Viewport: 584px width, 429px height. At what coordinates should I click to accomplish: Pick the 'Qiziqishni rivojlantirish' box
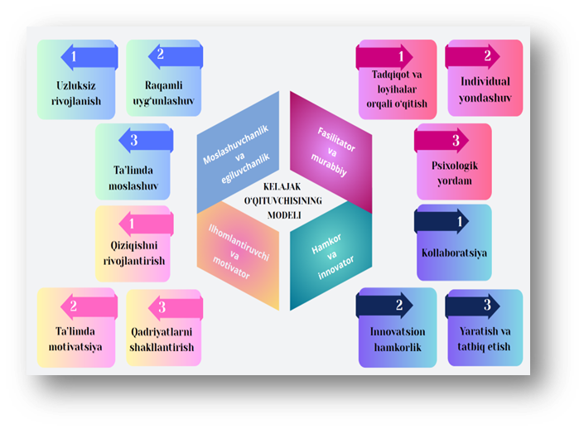pyautogui.click(x=133, y=248)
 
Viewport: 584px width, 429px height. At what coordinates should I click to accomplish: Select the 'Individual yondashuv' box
pyautogui.click(x=485, y=89)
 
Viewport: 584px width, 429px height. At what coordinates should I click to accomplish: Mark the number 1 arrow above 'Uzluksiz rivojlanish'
pyautogui.click(x=87, y=57)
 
